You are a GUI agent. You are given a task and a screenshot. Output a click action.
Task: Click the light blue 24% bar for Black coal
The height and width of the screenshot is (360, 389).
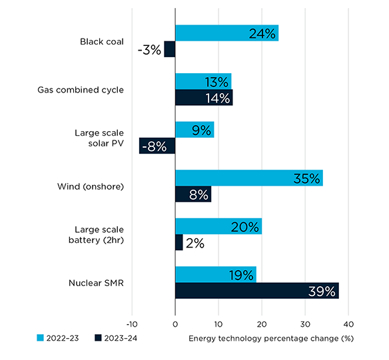tap(226, 33)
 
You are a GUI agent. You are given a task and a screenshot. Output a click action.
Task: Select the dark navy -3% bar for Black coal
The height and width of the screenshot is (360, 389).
tap(170, 49)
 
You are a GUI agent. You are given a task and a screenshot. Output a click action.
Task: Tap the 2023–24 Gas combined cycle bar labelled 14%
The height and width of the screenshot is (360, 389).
tap(204, 97)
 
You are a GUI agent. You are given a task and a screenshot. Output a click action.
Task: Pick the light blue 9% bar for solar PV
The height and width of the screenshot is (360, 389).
tap(195, 130)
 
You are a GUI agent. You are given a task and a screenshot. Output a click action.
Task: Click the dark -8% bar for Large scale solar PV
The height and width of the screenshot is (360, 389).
tap(157, 146)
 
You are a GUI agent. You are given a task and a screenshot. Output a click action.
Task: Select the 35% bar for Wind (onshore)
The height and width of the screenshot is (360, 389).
tap(249, 178)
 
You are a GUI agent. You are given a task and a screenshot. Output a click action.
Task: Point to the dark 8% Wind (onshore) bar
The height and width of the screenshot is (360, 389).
tap(193, 194)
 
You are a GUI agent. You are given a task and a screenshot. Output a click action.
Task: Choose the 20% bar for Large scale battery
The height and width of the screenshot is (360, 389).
tap(218, 226)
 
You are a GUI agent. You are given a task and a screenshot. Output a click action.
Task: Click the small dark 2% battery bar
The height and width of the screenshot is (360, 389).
tap(179, 242)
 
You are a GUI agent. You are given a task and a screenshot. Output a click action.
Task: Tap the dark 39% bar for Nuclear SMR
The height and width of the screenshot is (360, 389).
tap(257, 291)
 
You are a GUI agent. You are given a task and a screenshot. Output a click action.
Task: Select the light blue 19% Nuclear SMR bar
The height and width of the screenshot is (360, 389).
tap(216, 275)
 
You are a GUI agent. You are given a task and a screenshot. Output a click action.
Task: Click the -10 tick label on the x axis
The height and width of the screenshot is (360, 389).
tap(132, 324)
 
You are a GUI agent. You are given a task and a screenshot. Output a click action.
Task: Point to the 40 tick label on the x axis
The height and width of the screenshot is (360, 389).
tap(348, 324)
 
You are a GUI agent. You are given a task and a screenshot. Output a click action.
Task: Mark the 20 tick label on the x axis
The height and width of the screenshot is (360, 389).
tap(262, 324)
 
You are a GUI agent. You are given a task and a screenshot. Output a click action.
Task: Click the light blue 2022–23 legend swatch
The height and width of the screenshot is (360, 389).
tap(40, 338)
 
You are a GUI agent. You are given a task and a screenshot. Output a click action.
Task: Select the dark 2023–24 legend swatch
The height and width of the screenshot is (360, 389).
tap(98, 338)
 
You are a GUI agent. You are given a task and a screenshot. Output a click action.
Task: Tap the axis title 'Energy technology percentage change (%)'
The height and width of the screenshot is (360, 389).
tap(271, 339)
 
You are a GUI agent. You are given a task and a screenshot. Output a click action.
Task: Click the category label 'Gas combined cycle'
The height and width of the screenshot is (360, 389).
tap(81, 90)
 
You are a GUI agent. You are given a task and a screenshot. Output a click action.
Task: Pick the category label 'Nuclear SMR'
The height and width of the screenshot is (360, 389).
tap(96, 283)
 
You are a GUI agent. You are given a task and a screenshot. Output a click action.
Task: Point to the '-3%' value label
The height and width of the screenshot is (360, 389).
tap(149, 50)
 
